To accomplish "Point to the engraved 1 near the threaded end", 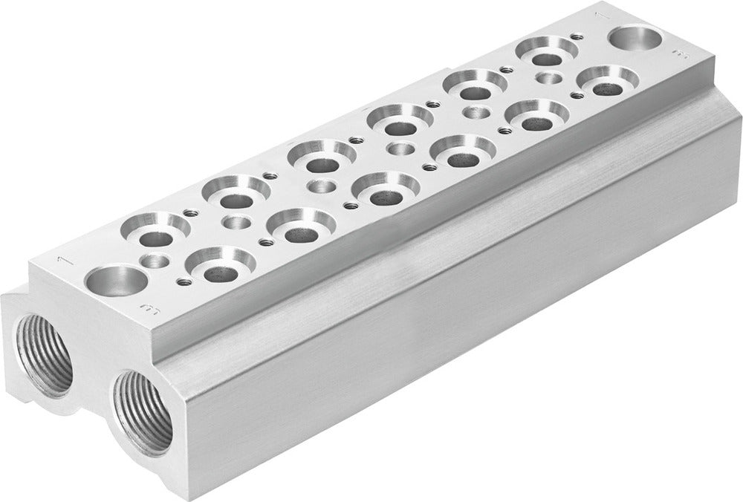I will (x=64, y=260).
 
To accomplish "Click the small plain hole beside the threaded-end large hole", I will (x=157, y=260).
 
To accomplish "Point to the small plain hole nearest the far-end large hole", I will (x=548, y=77).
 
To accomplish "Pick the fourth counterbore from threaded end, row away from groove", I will (x=402, y=118).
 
